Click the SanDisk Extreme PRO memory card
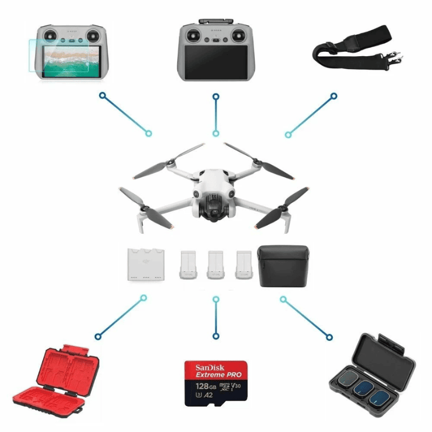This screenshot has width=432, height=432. point(216,383)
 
